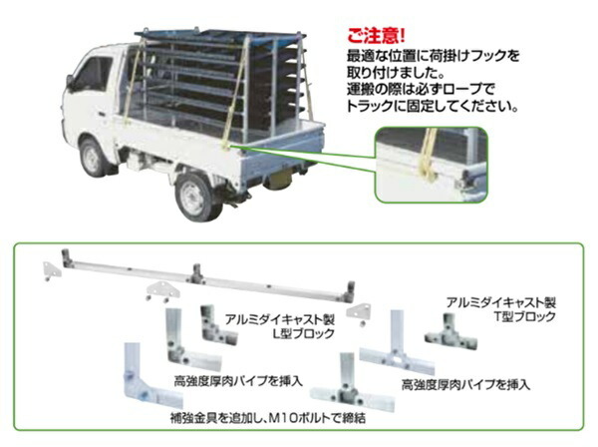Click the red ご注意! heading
(376, 36)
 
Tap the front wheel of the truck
(93, 158)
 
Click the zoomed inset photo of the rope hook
(432, 165)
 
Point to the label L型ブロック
(304, 333)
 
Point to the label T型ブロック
(525, 316)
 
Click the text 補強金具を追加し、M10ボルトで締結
(268, 418)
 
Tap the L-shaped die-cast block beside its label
(217, 325)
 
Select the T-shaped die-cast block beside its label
(450, 332)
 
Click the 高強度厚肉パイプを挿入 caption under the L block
(238, 381)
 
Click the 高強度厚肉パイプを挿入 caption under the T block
(465, 384)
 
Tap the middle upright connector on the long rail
(196, 273)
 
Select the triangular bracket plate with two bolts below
(162, 291)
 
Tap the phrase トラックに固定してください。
(433, 106)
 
